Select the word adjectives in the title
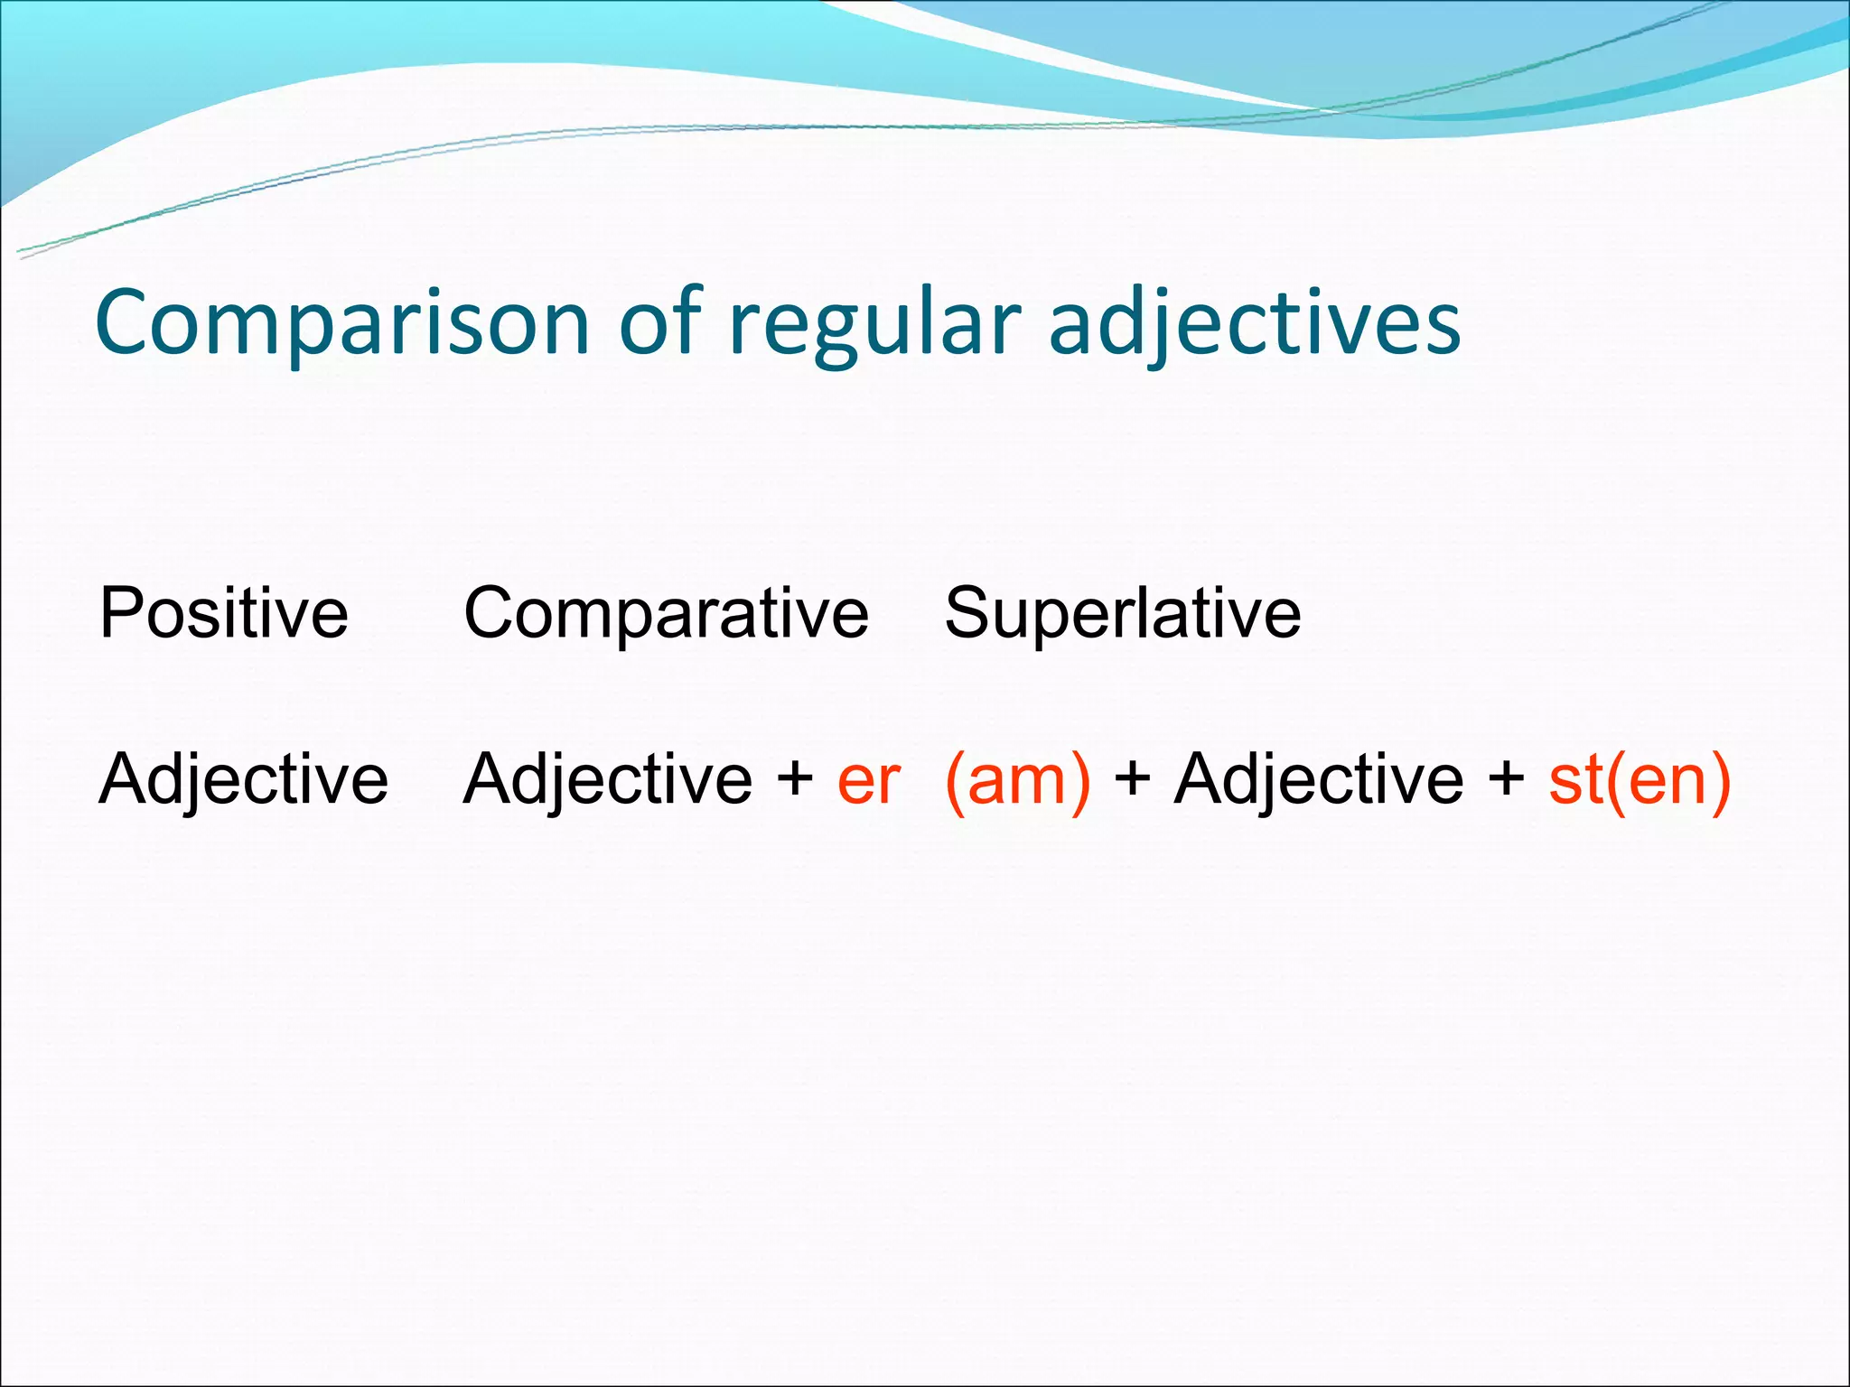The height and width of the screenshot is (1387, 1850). pyautogui.click(x=1254, y=325)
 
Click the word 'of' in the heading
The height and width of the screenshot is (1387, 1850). pyautogui.click(x=660, y=321)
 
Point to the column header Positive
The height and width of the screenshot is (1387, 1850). pyautogui.click(x=224, y=613)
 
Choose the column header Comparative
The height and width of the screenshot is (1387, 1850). pyautogui.click(x=666, y=615)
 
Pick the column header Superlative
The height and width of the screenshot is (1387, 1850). pyautogui.click(x=1123, y=613)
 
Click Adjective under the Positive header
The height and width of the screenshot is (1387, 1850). pyautogui.click(x=243, y=779)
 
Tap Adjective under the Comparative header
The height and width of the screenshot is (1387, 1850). pyautogui.click(x=607, y=779)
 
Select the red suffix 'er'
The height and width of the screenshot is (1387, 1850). pyautogui.click(x=868, y=781)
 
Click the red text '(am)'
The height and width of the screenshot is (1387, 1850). pyautogui.click(x=1017, y=780)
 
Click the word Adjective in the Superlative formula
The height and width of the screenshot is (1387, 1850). pyautogui.click(x=1318, y=779)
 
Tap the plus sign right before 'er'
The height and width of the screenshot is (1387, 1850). pyautogui.click(x=795, y=779)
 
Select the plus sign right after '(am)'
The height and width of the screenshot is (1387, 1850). pyautogui.click(x=1133, y=779)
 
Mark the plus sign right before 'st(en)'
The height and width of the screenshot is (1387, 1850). pyautogui.click(x=1506, y=779)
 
